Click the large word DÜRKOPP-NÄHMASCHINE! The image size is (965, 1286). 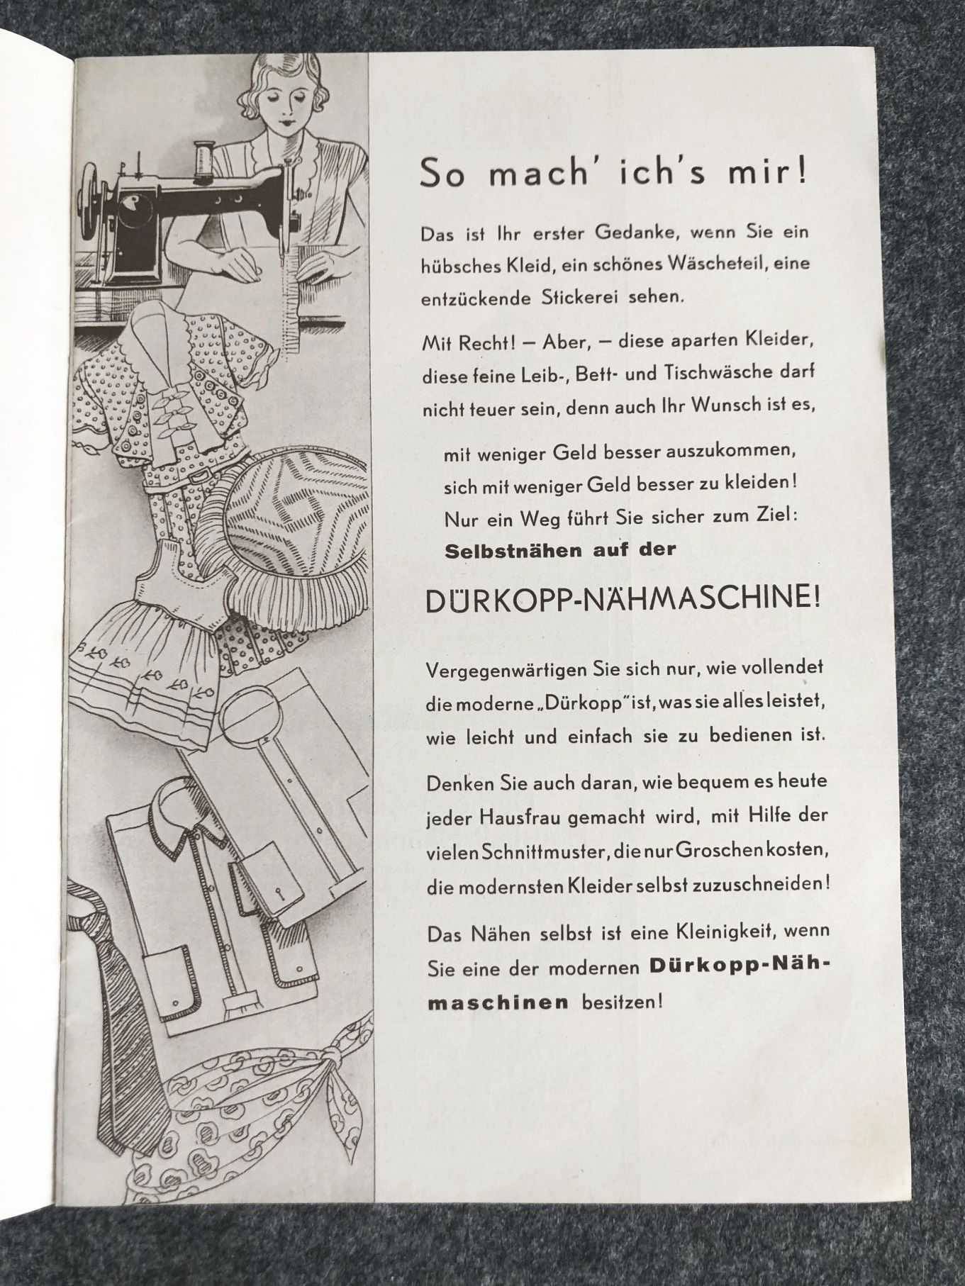(623, 600)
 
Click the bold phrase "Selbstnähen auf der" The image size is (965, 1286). (561, 549)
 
